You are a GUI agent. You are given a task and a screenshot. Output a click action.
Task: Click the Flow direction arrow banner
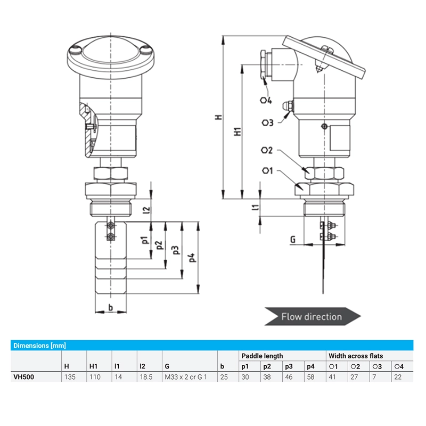[313, 316]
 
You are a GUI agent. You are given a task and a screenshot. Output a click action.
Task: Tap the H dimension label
[219, 117]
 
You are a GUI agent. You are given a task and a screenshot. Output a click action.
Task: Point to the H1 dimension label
[237, 131]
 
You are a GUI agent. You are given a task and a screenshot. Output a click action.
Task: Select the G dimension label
[292, 239]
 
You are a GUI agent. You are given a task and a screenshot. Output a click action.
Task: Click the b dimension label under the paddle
[111, 307]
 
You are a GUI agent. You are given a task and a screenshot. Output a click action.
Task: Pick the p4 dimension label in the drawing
[192, 257]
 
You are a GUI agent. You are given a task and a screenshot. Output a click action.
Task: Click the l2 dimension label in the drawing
[146, 210]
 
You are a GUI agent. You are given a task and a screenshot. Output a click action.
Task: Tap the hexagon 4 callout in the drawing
[266, 100]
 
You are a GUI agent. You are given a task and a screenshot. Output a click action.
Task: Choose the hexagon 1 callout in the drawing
[268, 170]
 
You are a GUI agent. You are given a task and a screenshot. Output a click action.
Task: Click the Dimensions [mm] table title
[39, 346]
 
